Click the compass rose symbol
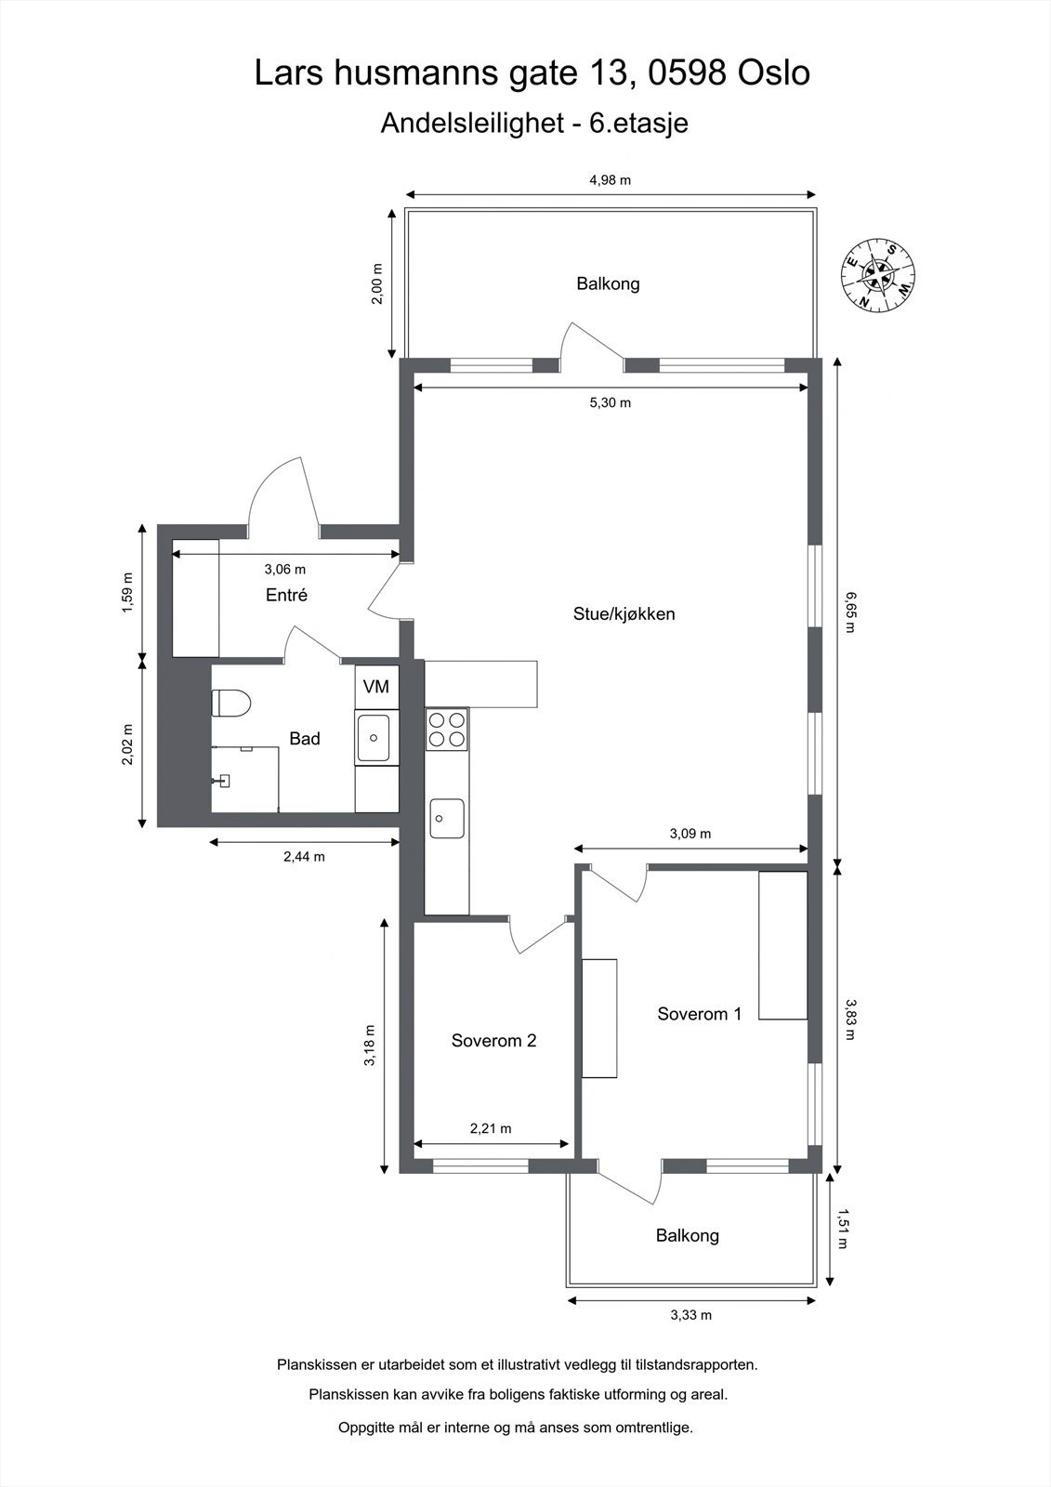click(878, 274)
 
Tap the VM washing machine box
click(376, 687)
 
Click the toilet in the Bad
click(231, 704)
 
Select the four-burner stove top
click(447, 729)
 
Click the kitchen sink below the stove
click(447, 818)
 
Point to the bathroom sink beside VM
click(375, 738)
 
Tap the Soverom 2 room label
click(493, 1041)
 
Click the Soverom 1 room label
click(699, 1014)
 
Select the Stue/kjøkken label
click(624, 614)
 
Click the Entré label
click(286, 596)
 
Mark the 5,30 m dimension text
click(611, 403)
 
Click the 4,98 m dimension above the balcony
click(611, 180)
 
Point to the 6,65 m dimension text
click(847, 611)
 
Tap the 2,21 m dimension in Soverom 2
click(491, 1129)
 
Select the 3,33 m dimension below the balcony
click(691, 1315)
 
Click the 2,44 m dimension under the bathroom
click(304, 857)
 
